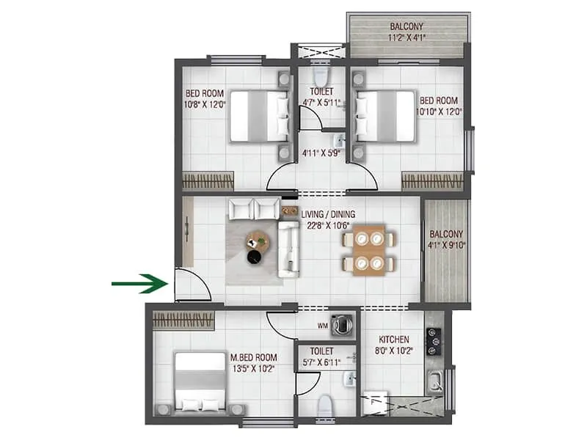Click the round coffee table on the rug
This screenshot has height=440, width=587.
click(x=258, y=240)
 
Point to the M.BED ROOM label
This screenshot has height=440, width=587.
click(x=254, y=357)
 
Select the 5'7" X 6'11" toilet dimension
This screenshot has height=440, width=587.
click(x=321, y=362)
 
